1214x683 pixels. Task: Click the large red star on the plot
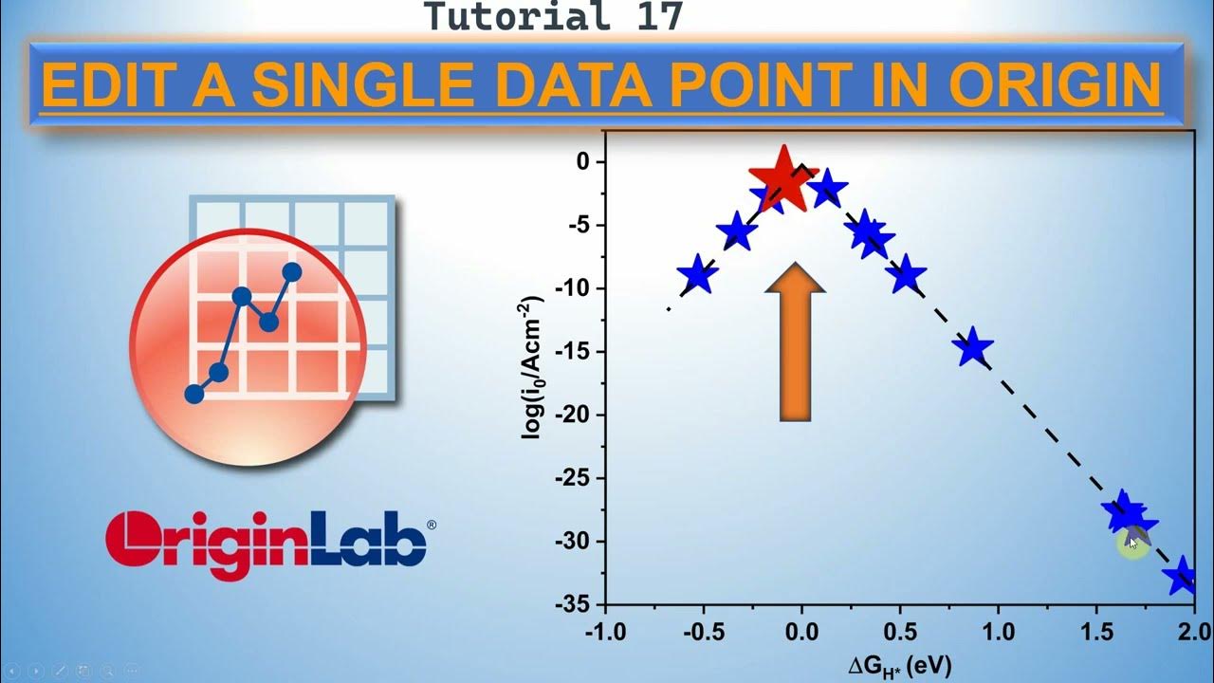[783, 178]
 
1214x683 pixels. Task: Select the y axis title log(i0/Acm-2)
[534, 366]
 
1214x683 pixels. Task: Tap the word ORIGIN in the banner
[1055, 85]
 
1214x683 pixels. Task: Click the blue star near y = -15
[972, 348]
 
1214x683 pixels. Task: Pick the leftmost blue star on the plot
[697, 274]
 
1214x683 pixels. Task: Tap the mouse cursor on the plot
[1131, 543]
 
